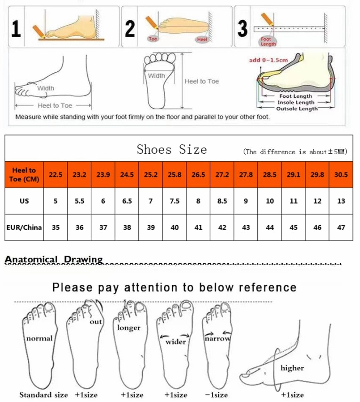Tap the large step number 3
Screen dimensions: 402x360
[242, 28]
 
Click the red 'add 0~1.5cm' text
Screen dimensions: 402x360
[268, 60]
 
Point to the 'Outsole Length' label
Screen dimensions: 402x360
[296, 109]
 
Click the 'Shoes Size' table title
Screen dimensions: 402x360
[172, 150]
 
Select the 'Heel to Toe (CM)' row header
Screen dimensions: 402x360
[24, 174]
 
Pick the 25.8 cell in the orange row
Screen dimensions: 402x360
[175, 174]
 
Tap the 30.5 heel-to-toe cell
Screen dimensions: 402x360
[341, 174]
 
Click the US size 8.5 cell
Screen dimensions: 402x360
[222, 201]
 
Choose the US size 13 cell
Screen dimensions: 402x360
[341, 201]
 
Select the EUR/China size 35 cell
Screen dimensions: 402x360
[56, 227]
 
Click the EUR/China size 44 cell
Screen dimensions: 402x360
[270, 227]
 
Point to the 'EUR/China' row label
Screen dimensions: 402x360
[24, 227]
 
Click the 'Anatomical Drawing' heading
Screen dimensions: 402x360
[54, 259]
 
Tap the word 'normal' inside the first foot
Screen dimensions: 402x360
[39, 338]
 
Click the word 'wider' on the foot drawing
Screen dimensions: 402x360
[176, 341]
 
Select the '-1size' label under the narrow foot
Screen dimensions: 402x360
[216, 394]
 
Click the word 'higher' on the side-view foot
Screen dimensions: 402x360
[292, 368]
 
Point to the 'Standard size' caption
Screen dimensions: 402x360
[43, 394]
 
